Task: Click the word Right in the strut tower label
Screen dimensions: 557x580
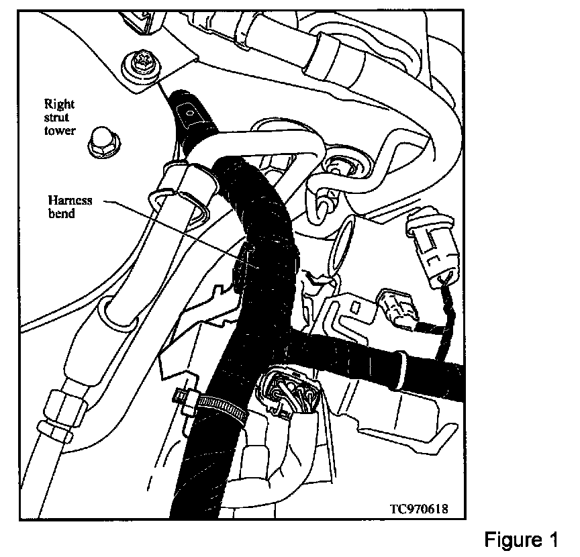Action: pos(59,104)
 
